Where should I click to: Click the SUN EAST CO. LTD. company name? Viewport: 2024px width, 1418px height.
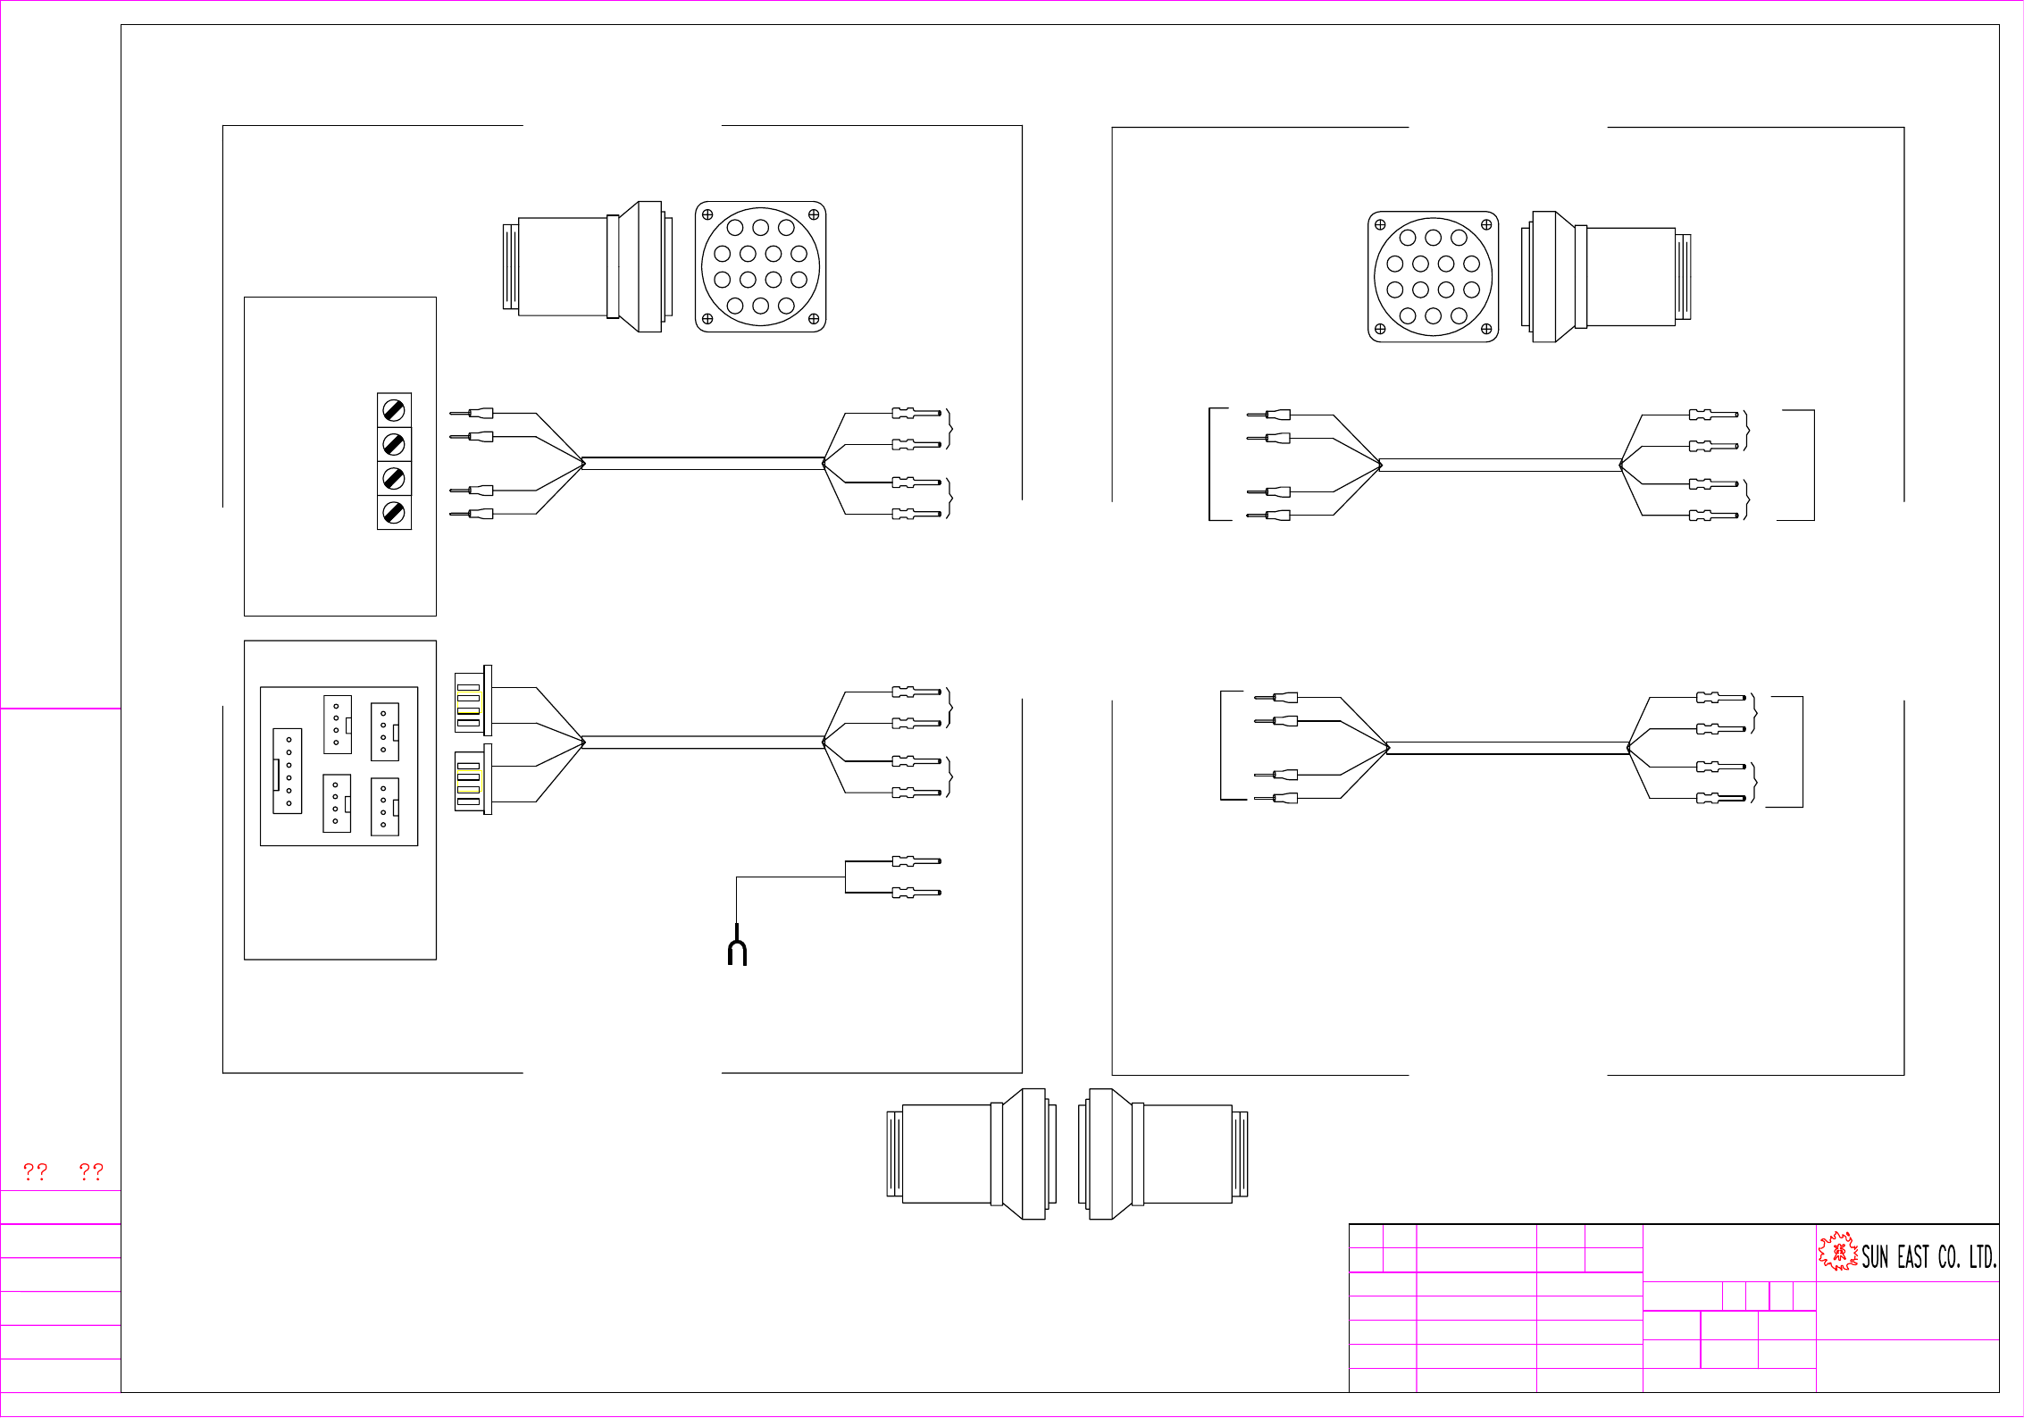click(1928, 1257)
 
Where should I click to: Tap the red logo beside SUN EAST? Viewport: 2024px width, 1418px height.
click(1837, 1251)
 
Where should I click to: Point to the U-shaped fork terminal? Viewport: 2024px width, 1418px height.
click(737, 952)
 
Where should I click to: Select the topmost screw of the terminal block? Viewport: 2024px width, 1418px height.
click(394, 410)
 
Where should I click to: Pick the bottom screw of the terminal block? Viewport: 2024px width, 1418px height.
click(394, 513)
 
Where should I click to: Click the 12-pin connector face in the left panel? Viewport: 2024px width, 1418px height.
click(761, 267)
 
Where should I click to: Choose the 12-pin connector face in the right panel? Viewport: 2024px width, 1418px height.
click(1433, 277)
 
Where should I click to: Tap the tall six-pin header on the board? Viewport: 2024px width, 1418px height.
click(288, 770)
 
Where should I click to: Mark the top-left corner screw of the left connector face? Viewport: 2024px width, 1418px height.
click(707, 214)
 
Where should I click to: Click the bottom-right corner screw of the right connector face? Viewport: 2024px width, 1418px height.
click(1486, 329)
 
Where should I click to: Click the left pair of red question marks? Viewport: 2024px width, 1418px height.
click(36, 1171)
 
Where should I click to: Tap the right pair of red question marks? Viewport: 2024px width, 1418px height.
click(91, 1171)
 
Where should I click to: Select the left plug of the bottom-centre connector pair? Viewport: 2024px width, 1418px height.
click(972, 1154)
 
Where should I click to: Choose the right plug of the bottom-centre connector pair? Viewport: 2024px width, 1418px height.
click(1163, 1154)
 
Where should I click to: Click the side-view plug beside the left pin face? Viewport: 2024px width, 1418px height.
click(588, 266)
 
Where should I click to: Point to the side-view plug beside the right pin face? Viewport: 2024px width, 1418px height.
click(1606, 277)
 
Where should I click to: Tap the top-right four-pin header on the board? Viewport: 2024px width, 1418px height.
click(385, 732)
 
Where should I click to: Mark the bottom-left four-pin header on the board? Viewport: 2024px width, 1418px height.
click(337, 803)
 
